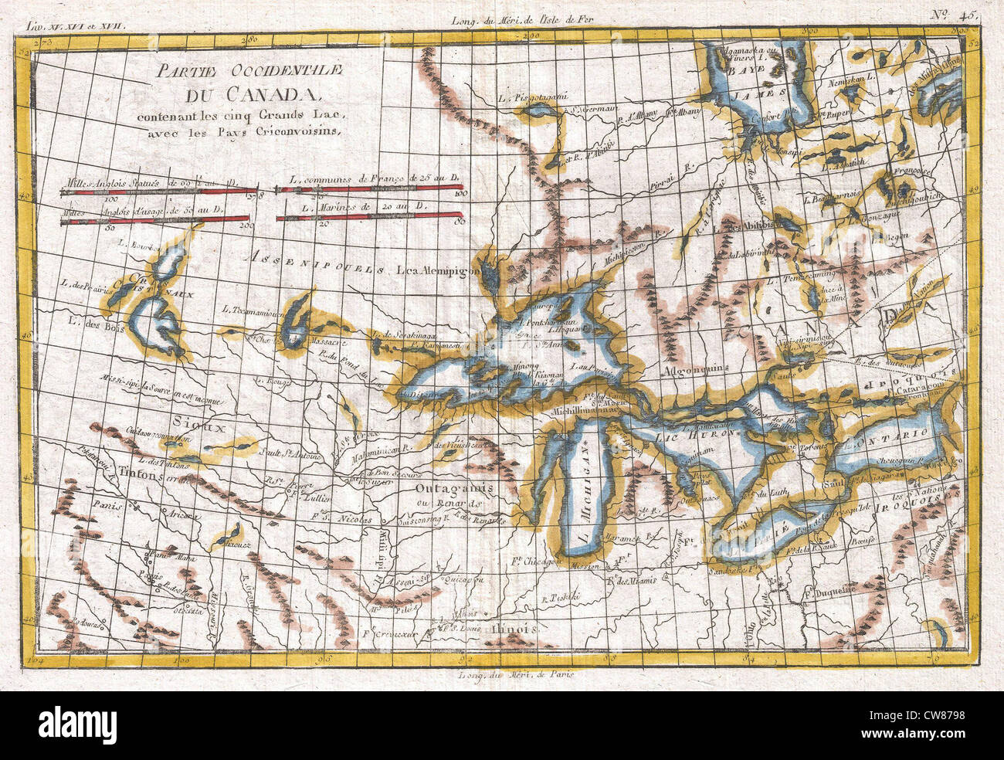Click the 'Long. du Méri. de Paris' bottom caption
click(511, 675)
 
